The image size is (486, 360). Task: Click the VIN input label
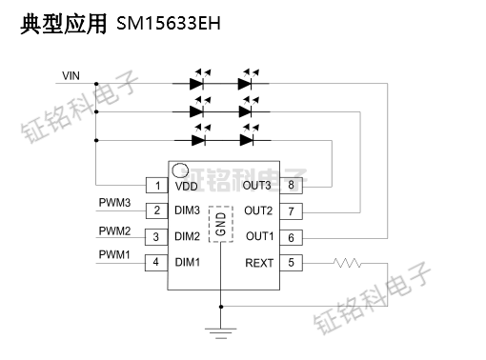pyautogui.click(x=71, y=75)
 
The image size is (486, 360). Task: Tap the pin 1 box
pyautogui.click(x=153, y=185)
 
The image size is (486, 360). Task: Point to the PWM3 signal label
pyautogui.click(x=114, y=203)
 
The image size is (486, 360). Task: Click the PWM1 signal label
pyautogui.click(x=114, y=254)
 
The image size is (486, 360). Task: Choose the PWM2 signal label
pyautogui.click(x=114, y=230)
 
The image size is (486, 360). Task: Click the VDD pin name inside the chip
pyautogui.click(x=187, y=186)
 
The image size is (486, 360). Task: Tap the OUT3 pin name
pyautogui.click(x=257, y=186)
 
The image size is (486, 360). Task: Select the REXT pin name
pyautogui.click(x=259, y=263)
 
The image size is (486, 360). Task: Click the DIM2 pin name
pyautogui.click(x=188, y=236)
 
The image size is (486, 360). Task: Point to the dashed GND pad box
pyautogui.click(x=221, y=224)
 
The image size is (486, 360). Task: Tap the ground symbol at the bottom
pyautogui.click(x=221, y=333)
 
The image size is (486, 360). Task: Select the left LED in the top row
pyautogui.click(x=200, y=84)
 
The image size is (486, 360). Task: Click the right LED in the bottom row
pyautogui.click(x=249, y=139)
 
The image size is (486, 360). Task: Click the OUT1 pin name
pyautogui.click(x=259, y=236)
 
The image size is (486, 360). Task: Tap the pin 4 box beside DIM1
pyautogui.click(x=153, y=262)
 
